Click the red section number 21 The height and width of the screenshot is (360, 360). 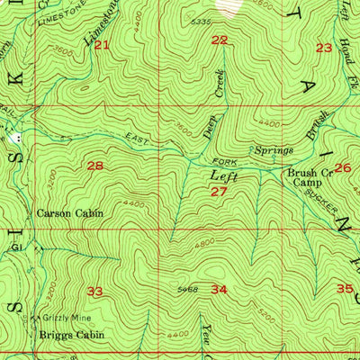pos(101,45)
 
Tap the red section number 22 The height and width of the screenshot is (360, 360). pos(220,40)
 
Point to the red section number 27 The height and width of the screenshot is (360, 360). pos(219,192)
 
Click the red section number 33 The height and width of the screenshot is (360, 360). pos(95,291)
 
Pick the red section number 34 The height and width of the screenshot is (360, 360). pos(219,289)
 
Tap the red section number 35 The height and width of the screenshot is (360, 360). pos(345,289)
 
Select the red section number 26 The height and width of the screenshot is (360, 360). pos(343,167)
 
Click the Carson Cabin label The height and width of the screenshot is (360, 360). pos(69,214)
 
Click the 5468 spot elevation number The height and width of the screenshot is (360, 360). pos(188,289)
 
